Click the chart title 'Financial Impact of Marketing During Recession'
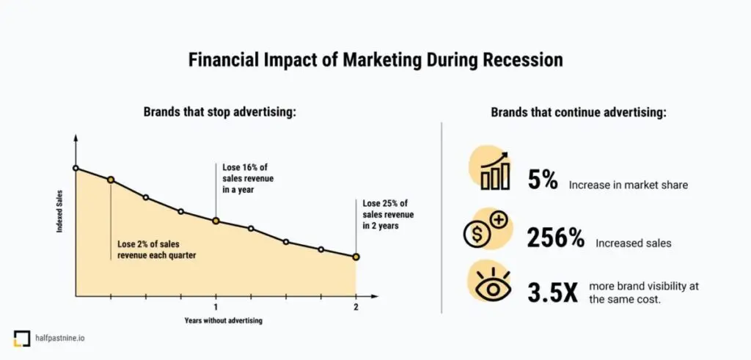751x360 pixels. tap(375, 59)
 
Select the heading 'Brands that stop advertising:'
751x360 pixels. tap(219, 113)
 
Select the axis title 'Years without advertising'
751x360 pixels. tap(223, 320)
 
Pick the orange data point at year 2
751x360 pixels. tap(356, 257)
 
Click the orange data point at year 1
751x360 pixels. tap(216, 221)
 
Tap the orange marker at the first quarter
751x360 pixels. tap(111, 180)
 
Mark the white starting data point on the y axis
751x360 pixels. tap(76, 168)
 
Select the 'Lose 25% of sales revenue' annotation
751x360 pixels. tap(388, 214)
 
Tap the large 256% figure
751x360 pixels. tap(556, 238)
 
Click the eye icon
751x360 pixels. tap(489, 286)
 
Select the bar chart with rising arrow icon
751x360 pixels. tap(496, 171)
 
